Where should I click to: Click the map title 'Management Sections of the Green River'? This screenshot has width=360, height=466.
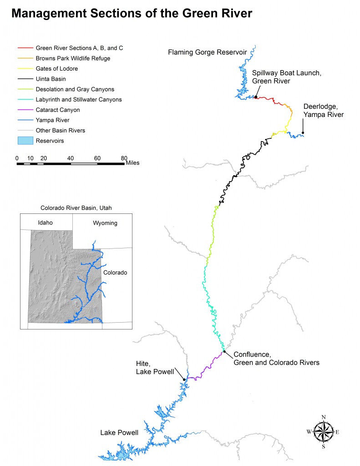tap(132, 14)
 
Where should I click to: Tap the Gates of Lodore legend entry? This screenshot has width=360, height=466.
tap(56, 69)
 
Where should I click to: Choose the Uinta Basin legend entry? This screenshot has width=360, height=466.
tap(51, 79)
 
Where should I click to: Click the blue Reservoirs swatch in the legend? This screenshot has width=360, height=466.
tap(24, 141)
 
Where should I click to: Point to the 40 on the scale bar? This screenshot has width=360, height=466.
tap(71, 158)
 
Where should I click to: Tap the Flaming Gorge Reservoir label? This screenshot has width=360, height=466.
tap(207, 52)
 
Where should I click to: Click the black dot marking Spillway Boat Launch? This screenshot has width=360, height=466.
tap(256, 97)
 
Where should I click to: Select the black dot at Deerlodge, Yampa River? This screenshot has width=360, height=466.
tap(303, 133)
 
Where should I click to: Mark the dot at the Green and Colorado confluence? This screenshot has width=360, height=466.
tap(224, 351)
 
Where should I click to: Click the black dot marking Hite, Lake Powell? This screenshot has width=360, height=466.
tap(184, 379)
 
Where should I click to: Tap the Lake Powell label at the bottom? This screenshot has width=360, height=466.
tap(119, 433)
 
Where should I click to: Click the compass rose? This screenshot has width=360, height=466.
tap(323, 431)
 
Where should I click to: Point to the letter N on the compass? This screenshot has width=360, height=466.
tap(323, 417)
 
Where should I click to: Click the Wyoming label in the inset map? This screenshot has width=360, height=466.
tap(105, 223)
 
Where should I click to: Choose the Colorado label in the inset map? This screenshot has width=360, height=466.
tap(115, 273)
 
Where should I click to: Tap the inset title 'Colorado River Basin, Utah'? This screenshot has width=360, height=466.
tap(76, 208)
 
